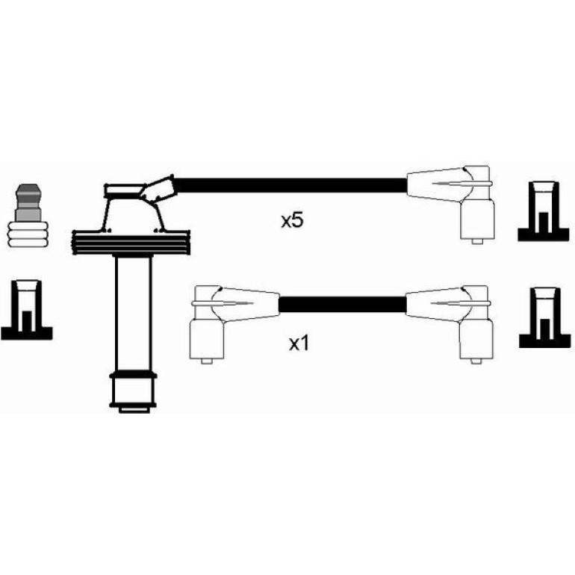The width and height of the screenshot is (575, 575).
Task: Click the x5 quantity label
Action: pyautogui.click(x=292, y=220)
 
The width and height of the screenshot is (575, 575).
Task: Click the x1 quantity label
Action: pyautogui.click(x=299, y=344)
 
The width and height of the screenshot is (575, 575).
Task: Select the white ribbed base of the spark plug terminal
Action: pyautogui.click(x=28, y=234)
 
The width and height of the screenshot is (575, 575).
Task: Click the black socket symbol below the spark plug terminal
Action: pyautogui.click(x=26, y=310)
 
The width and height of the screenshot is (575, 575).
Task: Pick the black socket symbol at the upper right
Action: pyautogui.click(x=544, y=211)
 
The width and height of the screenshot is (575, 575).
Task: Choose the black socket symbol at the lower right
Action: pyautogui.click(x=545, y=317)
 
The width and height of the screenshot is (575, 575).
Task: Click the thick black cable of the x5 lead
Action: pyautogui.click(x=290, y=185)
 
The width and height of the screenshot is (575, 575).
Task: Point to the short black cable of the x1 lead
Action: pyautogui.click(x=343, y=305)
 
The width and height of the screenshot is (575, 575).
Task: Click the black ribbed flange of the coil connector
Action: pyautogui.click(x=131, y=243)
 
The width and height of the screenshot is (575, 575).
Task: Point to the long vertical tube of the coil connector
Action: pyautogui.click(x=133, y=314)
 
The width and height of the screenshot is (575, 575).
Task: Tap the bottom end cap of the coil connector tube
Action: pyautogui.click(x=134, y=392)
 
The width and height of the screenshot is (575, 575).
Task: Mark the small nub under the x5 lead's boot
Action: pyautogui.click(x=476, y=241)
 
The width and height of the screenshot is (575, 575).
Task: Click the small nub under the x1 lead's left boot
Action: pyautogui.click(x=207, y=361)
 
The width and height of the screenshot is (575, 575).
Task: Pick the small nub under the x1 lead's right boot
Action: pyautogui.click(x=476, y=361)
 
